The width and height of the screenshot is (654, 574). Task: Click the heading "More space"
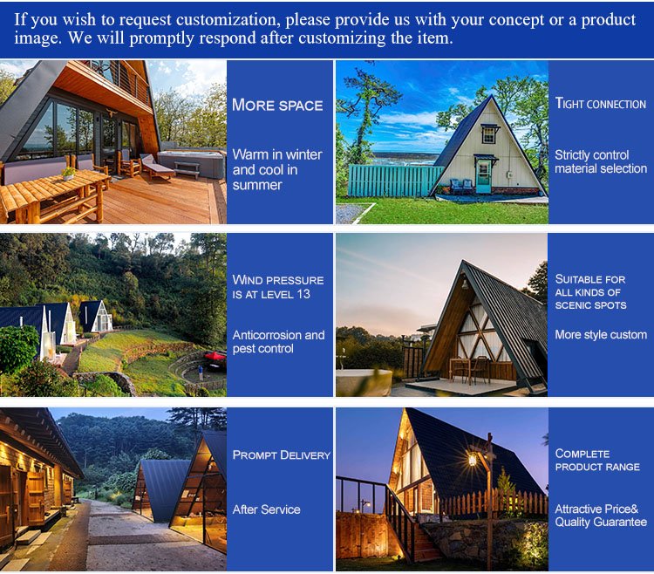(x=277, y=106)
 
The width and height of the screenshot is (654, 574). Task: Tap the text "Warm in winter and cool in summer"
(x=277, y=169)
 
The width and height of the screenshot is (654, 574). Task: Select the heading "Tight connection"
(x=601, y=103)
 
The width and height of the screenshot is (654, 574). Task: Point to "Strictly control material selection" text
(x=601, y=161)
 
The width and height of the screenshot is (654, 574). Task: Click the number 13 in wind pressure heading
(x=303, y=294)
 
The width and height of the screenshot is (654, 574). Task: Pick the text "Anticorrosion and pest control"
(x=279, y=342)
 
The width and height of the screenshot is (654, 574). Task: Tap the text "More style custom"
(x=601, y=335)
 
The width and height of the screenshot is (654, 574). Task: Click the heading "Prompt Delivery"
(x=282, y=454)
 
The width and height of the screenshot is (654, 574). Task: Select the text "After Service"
(x=267, y=509)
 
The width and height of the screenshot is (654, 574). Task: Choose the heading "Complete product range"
(x=597, y=460)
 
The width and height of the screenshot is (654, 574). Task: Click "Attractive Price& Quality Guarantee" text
(x=601, y=516)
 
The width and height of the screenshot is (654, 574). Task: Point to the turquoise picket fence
(x=394, y=181)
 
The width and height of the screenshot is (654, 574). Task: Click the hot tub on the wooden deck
(x=191, y=163)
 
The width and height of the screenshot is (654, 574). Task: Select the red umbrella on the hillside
(x=215, y=356)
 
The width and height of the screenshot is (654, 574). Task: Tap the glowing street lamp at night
(x=473, y=459)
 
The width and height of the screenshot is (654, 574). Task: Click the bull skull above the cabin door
(x=111, y=113)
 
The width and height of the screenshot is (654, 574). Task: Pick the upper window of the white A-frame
(x=489, y=134)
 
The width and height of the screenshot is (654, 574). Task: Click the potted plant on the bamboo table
(x=68, y=173)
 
